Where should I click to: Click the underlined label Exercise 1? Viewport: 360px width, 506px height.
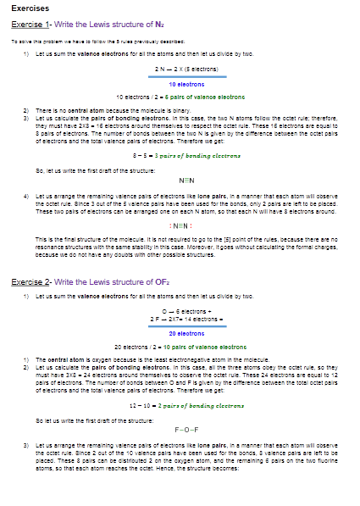[x=35, y=24]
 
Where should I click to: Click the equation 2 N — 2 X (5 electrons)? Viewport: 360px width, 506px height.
[x=183, y=68]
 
